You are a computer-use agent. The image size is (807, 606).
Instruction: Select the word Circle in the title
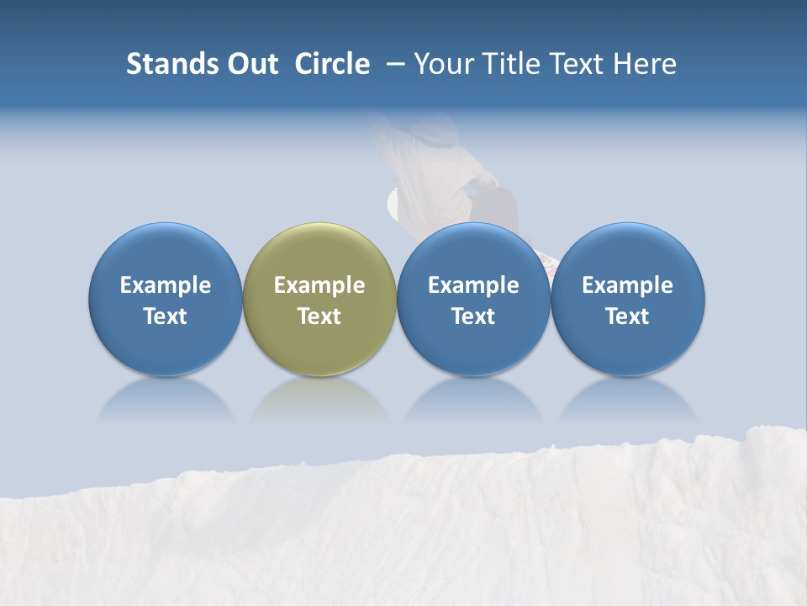(x=332, y=64)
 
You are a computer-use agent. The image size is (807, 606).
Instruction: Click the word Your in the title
(x=440, y=64)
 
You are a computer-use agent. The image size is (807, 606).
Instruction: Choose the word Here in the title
(x=643, y=64)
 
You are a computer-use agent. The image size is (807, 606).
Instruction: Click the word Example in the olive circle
(x=319, y=285)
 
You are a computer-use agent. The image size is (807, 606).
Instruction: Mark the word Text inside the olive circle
(x=319, y=316)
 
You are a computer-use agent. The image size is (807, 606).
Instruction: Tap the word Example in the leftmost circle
(x=165, y=285)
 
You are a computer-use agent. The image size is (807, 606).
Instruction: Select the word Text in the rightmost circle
(x=628, y=316)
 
